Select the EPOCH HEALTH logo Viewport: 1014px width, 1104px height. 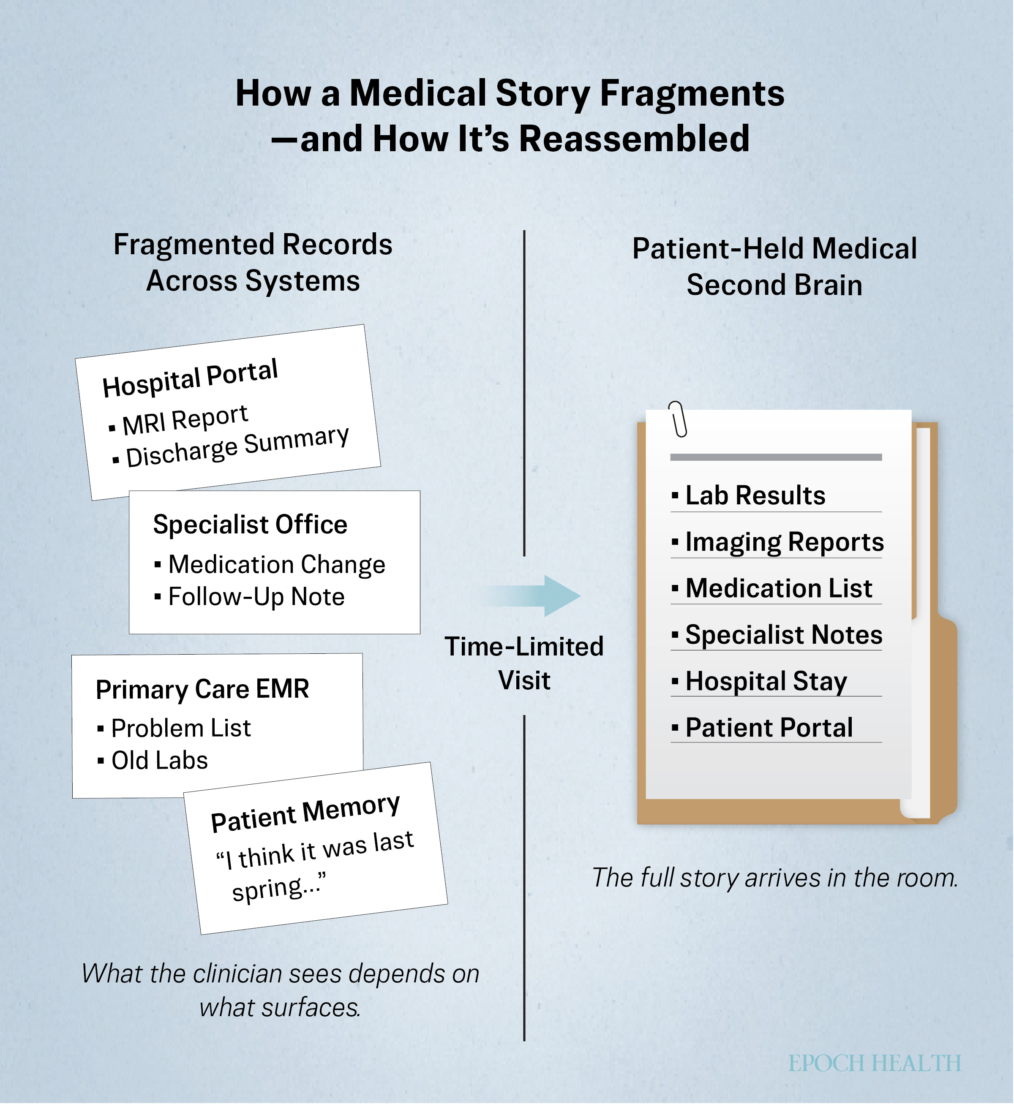point(875,1063)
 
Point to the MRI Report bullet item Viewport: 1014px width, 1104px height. point(179,421)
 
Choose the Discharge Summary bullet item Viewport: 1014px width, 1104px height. point(230,446)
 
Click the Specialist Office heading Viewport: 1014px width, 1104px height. point(250,524)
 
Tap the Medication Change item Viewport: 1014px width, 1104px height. point(270,564)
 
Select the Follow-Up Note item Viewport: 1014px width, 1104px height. point(250,597)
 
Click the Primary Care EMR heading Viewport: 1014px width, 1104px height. point(202,689)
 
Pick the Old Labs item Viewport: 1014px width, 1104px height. point(153,760)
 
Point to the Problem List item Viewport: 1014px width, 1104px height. point(174,728)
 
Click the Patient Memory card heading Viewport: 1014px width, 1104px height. point(305,812)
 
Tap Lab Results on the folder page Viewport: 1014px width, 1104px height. point(749,495)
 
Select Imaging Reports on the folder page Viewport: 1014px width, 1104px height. point(778,542)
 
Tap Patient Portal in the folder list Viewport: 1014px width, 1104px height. point(763,728)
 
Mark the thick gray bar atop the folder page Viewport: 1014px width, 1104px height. point(776,457)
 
